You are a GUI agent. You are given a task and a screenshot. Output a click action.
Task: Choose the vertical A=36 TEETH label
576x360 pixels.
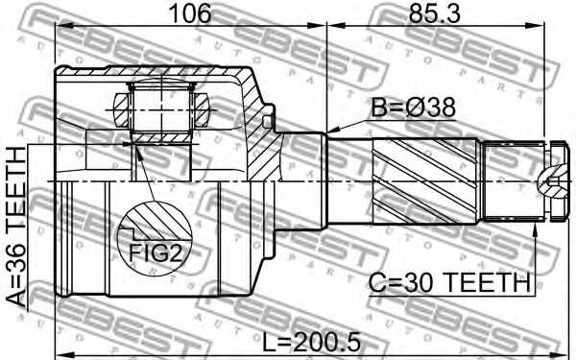pyautogui.click(x=17, y=225)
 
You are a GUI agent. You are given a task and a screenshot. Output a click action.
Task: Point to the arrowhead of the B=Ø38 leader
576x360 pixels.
pyautogui.click(x=330, y=132)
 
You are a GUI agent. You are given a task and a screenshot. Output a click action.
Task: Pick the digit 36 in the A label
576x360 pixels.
pyautogui.click(x=17, y=256)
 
